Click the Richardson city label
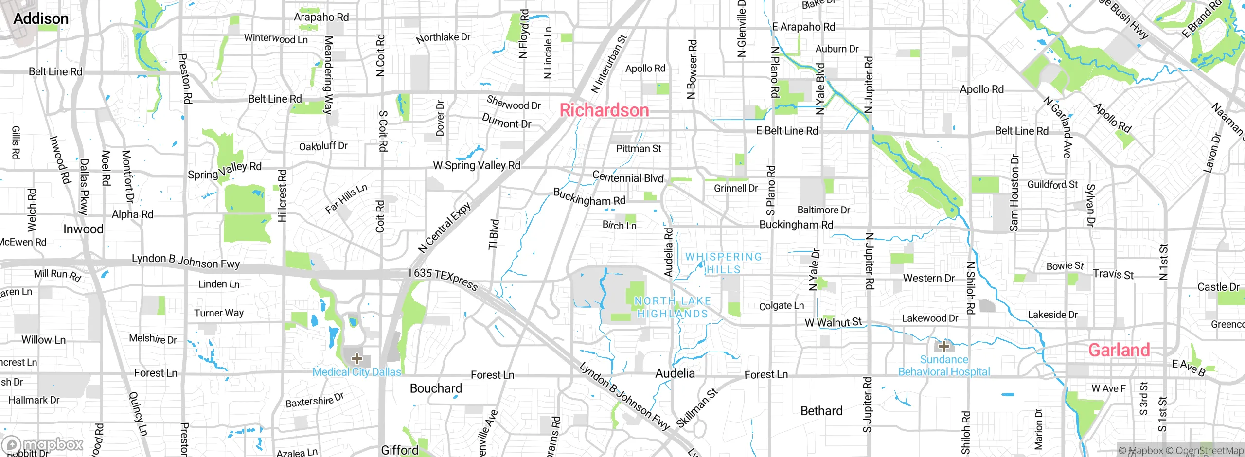[604, 110]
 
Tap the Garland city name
[1119, 350]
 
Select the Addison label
[41, 19]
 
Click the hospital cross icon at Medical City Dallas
[356, 359]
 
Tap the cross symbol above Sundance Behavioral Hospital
[944, 346]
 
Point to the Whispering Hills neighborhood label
[723, 263]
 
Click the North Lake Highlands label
[673, 307]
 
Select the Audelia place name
[675, 373]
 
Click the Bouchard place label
[436, 388]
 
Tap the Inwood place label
[83, 229]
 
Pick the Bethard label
[821, 411]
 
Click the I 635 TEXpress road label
[443, 280]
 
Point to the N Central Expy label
[445, 228]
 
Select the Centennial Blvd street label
[628, 177]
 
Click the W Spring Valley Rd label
[476, 166]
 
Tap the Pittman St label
[638, 149]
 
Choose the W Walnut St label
[833, 322]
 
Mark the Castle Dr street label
[1218, 287]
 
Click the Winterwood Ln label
[276, 38]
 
